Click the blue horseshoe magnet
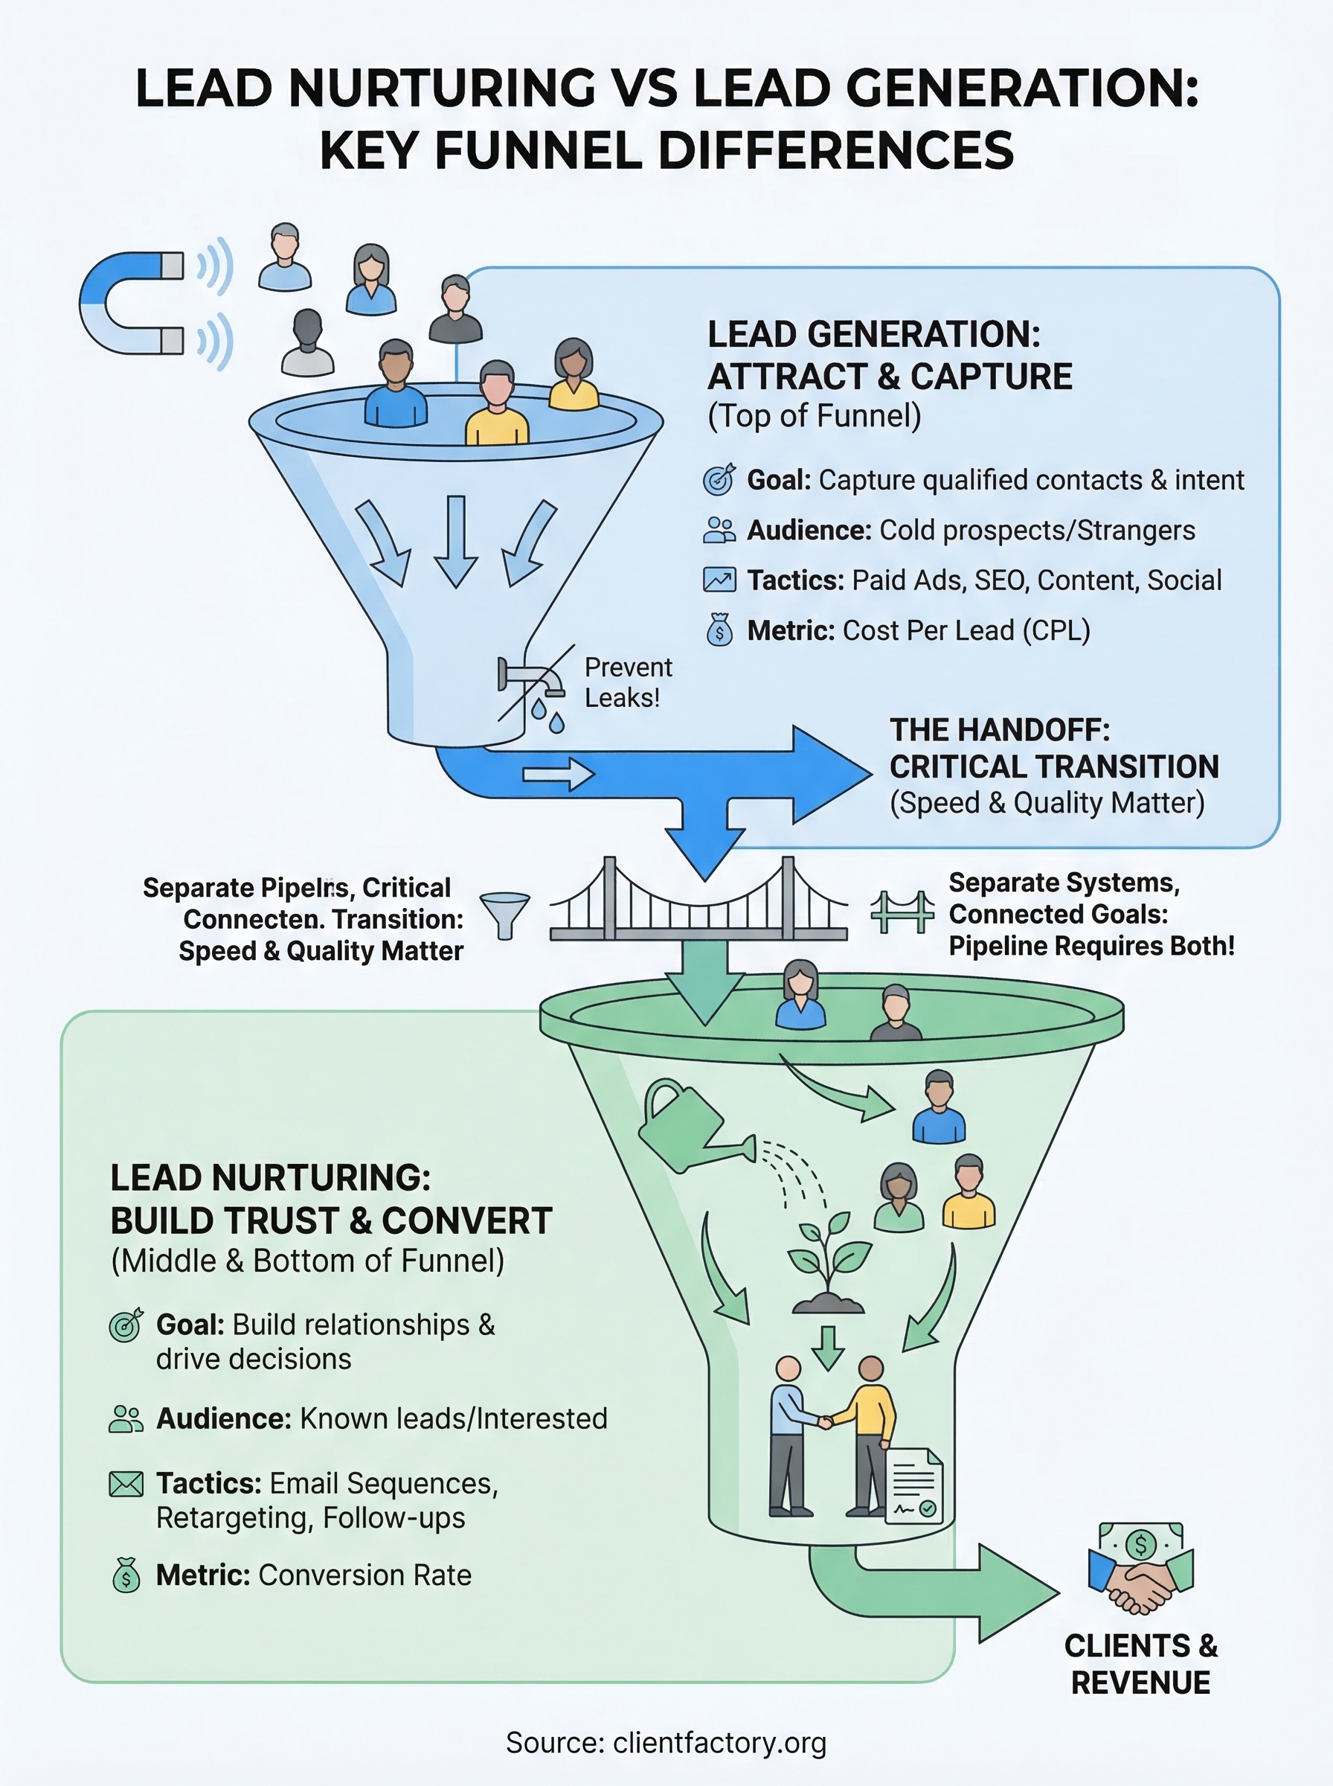coord(129,303)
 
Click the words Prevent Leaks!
coord(628,682)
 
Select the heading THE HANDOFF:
coord(1000,729)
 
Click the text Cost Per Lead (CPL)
coord(966,630)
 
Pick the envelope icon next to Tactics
coord(126,1484)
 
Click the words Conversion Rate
coord(364,1575)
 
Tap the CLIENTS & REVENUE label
coord(1140,1664)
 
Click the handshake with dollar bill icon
coord(1140,1568)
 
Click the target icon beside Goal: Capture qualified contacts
coord(719,479)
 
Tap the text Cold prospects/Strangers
coord(1037,531)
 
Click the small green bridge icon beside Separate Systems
coord(902,912)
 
